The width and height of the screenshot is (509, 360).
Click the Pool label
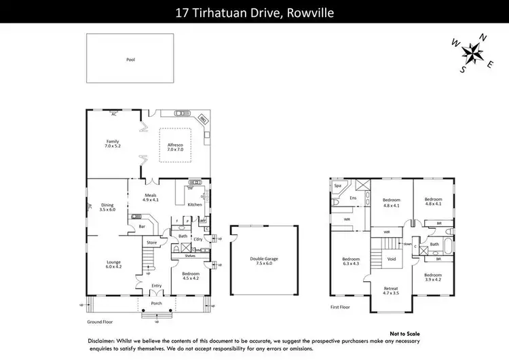point(130,60)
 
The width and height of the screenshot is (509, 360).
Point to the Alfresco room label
point(176,146)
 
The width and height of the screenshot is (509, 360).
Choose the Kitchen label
point(195,204)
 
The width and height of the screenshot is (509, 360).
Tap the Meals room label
point(150,198)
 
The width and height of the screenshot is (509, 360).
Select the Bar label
point(143,226)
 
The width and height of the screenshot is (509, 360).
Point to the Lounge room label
point(113,264)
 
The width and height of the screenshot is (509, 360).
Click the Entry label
point(156,286)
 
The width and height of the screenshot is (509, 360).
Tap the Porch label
point(156,303)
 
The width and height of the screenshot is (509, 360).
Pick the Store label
point(152,242)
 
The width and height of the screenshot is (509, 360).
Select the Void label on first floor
point(391,259)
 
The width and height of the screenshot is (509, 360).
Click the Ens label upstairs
point(353,198)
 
